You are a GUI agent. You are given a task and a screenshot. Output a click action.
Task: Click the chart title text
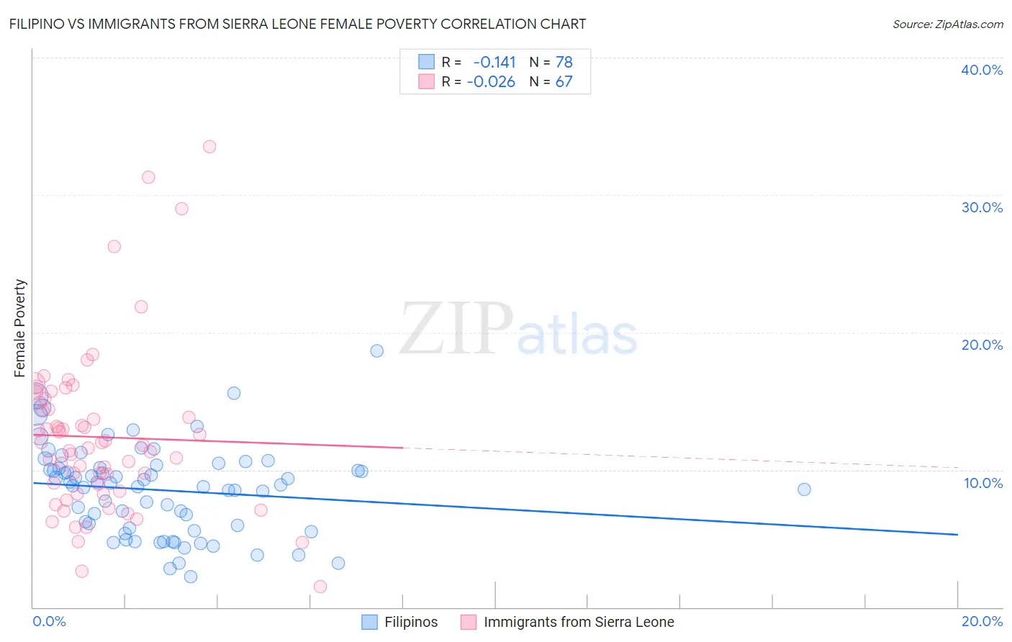(297, 24)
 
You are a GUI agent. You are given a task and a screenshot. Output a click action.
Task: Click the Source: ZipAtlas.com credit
(947, 24)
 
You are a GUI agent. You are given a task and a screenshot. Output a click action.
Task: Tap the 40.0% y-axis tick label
(982, 70)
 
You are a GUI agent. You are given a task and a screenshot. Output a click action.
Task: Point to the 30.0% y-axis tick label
(982, 207)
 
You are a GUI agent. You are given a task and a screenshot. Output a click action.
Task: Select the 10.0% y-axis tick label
(983, 483)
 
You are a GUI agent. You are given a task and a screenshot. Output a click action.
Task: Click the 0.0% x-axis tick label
(49, 621)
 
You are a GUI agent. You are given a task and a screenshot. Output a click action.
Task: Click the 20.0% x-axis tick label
(982, 621)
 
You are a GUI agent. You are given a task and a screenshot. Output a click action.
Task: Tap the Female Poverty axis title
(20, 328)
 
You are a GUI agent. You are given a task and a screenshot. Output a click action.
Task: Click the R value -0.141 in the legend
(494, 63)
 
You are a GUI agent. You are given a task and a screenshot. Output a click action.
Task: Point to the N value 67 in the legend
(564, 82)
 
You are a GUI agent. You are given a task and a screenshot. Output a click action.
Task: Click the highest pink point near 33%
(209, 147)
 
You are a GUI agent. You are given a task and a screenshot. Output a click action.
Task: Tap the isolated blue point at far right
(804, 489)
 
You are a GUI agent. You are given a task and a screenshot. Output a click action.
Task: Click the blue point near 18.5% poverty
(376, 351)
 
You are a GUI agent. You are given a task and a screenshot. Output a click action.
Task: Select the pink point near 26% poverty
(114, 246)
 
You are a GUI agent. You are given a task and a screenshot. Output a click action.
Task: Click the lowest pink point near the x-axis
(320, 587)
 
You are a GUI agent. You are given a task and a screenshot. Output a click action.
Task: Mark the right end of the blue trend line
(957, 534)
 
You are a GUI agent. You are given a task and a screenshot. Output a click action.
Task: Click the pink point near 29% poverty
(181, 209)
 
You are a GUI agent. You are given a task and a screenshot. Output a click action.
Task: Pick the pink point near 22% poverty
(141, 307)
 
